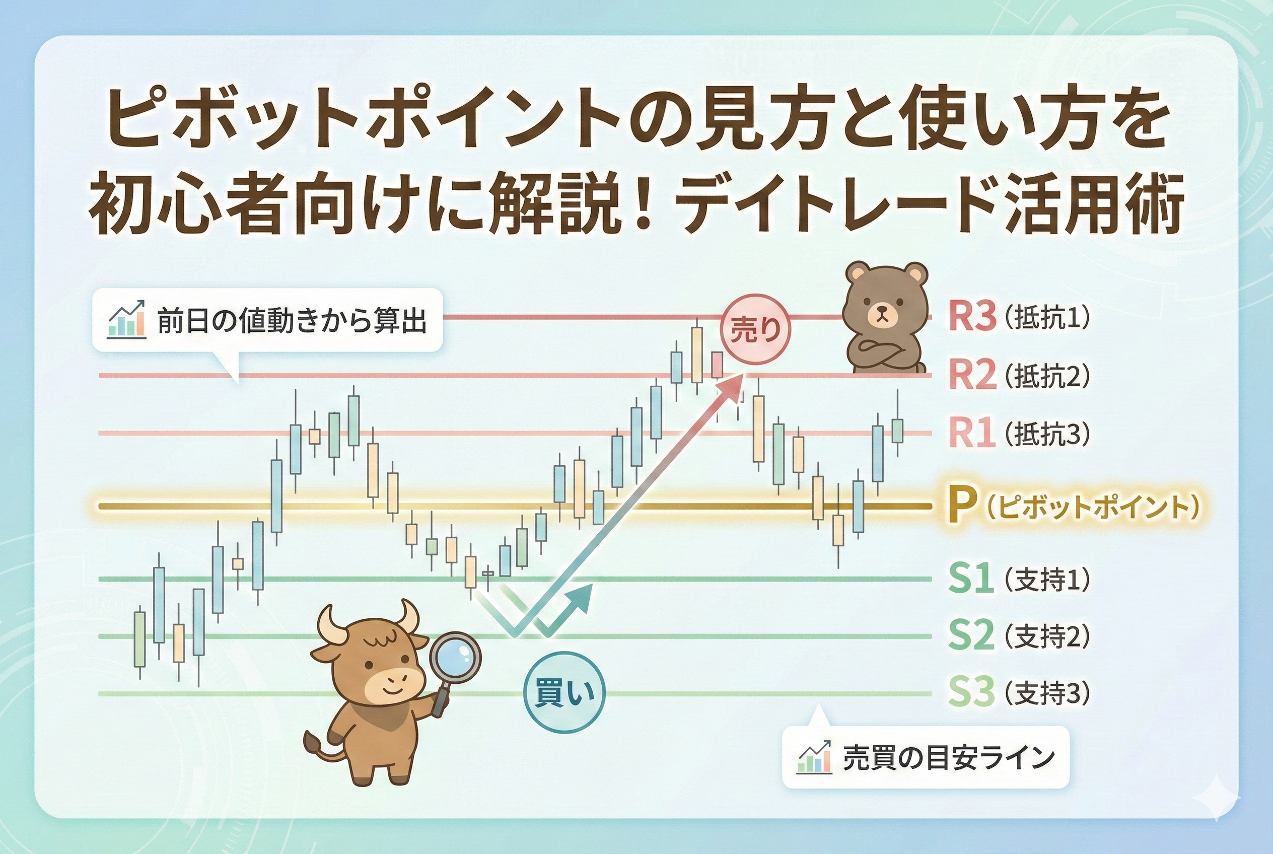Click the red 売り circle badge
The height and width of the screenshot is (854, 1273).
click(755, 330)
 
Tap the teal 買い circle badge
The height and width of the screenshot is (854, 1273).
click(564, 693)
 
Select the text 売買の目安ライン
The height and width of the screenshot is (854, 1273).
click(949, 758)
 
